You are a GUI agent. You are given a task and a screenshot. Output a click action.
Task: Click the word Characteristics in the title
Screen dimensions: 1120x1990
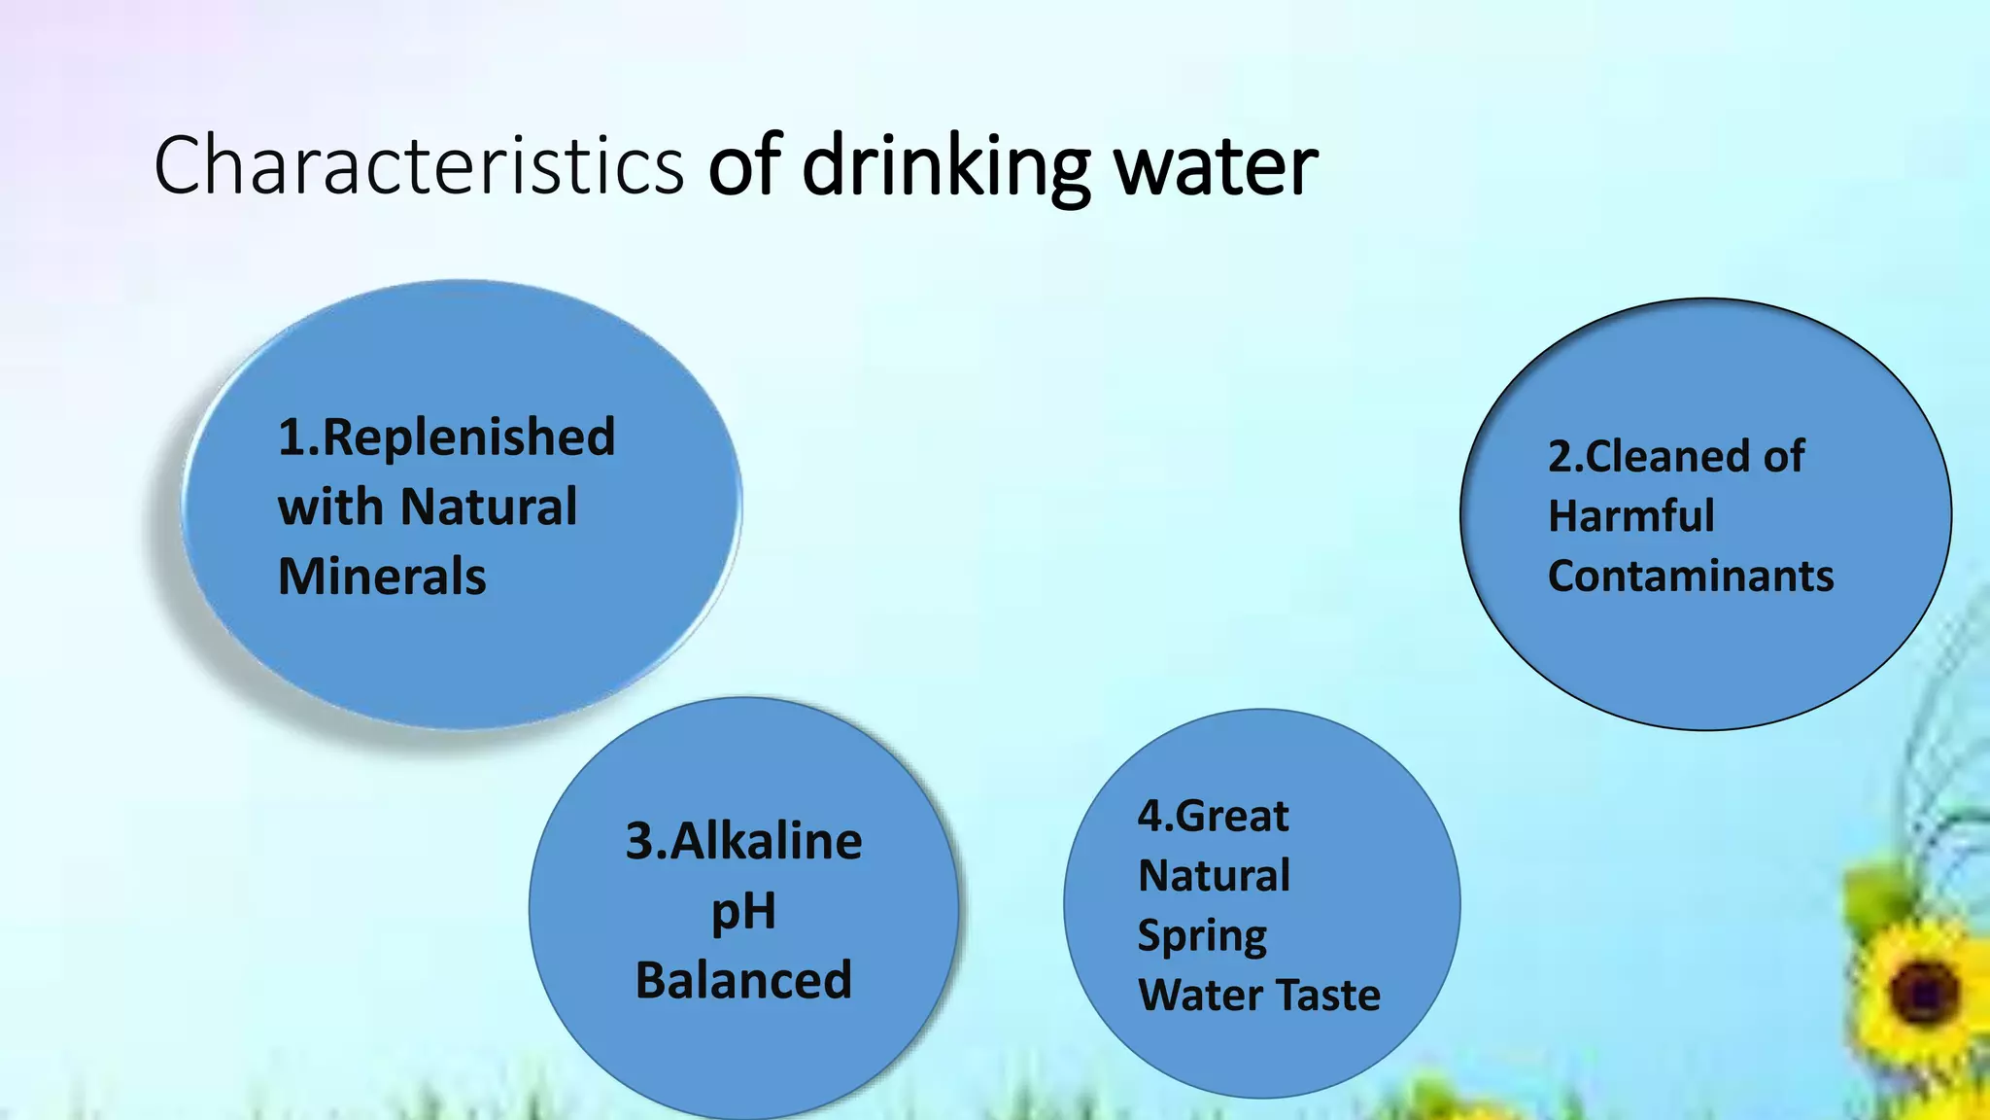(x=419, y=165)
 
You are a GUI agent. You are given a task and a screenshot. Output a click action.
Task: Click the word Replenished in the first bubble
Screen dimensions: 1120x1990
(x=467, y=437)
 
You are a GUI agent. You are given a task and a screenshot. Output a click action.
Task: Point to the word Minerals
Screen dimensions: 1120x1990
(x=382, y=577)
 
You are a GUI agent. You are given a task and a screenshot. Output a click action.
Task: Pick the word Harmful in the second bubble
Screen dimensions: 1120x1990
(x=1630, y=516)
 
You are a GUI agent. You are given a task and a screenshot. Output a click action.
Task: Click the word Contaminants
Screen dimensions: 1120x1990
(x=1691, y=577)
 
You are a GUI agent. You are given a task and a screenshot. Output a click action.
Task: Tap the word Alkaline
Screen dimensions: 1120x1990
(x=766, y=841)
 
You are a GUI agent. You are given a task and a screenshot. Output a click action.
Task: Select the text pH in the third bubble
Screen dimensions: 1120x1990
(x=743, y=912)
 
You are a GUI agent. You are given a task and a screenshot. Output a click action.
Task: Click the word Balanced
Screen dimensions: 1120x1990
(x=743, y=980)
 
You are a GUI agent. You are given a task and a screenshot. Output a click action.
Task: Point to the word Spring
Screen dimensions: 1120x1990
(x=1202, y=936)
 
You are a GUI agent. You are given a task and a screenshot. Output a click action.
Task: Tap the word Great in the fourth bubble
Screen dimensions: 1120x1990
(x=1232, y=816)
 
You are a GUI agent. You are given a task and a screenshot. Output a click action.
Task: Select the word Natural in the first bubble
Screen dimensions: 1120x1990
(x=489, y=507)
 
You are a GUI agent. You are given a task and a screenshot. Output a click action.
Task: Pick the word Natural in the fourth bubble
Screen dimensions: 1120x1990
(x=1214, y=876)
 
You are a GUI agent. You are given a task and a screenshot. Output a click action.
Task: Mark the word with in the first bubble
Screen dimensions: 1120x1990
(x=330, y=507)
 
